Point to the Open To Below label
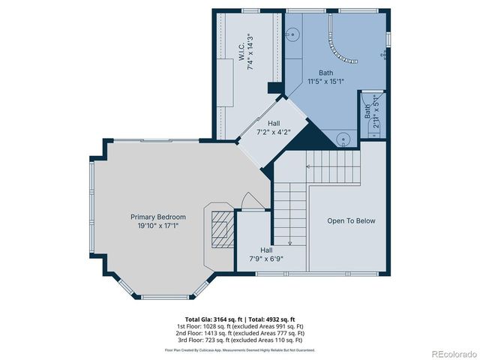351,221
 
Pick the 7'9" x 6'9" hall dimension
266,259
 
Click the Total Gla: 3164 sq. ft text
210,319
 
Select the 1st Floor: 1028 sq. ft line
240,326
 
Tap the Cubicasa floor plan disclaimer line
240,349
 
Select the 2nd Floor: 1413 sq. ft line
240,333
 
